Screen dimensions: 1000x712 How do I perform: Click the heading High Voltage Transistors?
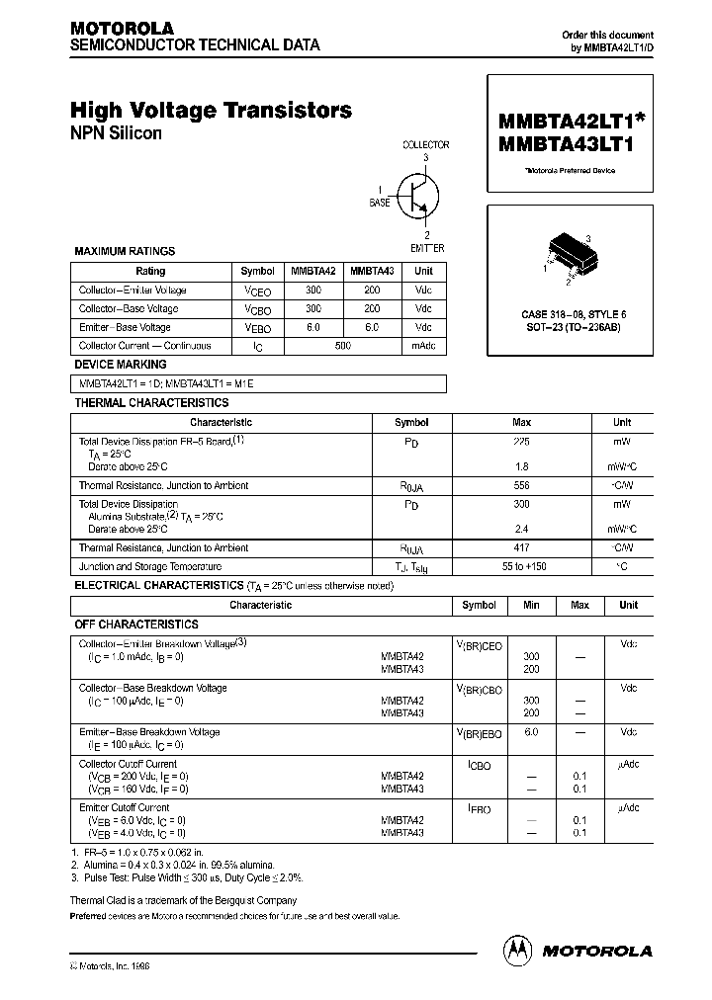point(211,111)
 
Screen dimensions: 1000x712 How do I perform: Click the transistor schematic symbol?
point(415,196)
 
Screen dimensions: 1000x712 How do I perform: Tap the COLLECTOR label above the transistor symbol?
point(425,144)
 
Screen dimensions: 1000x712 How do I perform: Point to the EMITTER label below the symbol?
point(426,247)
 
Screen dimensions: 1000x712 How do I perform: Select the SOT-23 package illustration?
point(568,253)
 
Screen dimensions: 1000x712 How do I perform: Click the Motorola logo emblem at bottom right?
point(517,950)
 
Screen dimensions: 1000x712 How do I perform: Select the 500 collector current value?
point(343,346)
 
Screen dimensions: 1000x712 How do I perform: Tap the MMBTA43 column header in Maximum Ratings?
point(372,271)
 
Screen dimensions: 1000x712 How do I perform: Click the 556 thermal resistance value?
point(521,485)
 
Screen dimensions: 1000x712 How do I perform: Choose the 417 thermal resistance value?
point(521,547)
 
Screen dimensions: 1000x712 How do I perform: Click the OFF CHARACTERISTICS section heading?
point(136,625)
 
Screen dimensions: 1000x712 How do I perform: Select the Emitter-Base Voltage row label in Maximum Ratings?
point(125,327)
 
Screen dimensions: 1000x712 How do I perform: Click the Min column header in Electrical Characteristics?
point(531,605)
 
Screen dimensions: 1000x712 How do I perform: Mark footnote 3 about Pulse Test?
point(187,877)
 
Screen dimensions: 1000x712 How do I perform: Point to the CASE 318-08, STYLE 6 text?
point(574,313)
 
